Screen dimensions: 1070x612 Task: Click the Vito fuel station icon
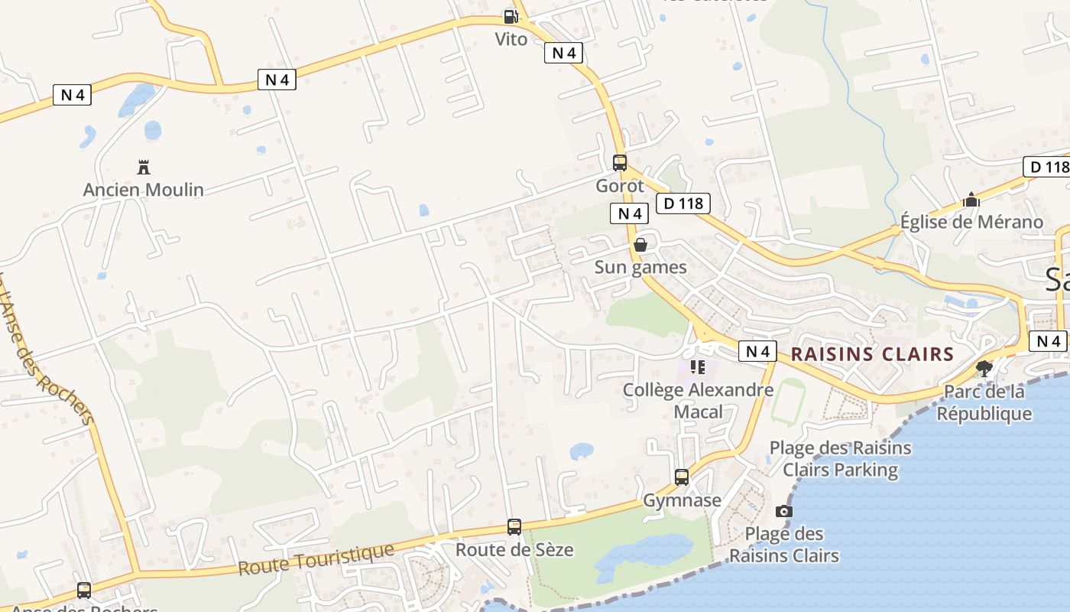pos(510,16)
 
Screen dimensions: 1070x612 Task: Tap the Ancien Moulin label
pos(144,190)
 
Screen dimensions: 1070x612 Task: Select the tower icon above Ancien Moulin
pos(143,167)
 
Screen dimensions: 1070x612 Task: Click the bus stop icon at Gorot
pos(620,163)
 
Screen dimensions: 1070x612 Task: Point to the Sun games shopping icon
pos(640,245)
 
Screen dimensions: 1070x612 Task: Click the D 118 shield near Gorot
pos(683,203)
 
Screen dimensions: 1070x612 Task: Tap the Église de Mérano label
pos(971,222)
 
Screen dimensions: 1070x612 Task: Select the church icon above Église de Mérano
pos(971,200)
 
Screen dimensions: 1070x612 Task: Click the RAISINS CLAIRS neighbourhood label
pos(872,354)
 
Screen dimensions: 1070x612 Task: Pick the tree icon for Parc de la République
pos(984,369)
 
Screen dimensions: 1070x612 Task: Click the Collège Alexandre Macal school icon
pos(698,367)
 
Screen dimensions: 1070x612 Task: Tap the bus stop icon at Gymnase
pos(682,477)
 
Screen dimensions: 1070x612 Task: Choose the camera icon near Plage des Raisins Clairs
pos(783,511)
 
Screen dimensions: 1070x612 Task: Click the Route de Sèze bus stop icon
pos(514,527)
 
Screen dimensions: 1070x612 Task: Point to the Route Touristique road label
pos(316,559)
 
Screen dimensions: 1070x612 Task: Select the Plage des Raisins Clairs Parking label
pos(841,458)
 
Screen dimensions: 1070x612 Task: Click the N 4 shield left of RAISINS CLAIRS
pos(757,351)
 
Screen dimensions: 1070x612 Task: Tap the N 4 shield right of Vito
pos(563,53)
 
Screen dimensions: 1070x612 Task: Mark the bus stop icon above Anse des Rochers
pos(84,591)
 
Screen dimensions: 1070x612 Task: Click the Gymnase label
pos(682,500)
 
